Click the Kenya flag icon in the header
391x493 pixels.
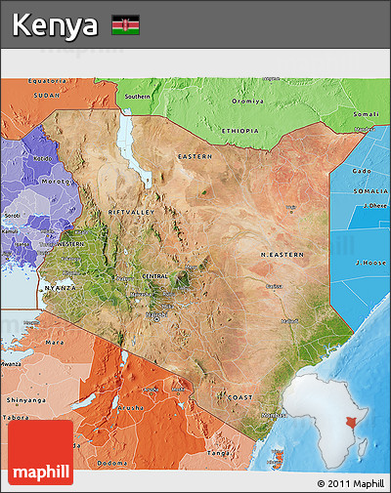pos(125,24)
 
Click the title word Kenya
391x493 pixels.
pos(56,24)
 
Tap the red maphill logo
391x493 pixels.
pos(40,452)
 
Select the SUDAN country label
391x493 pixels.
pos(46,96)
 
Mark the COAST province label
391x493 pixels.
pos(239,397)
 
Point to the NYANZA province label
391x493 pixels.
pos(61,289)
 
